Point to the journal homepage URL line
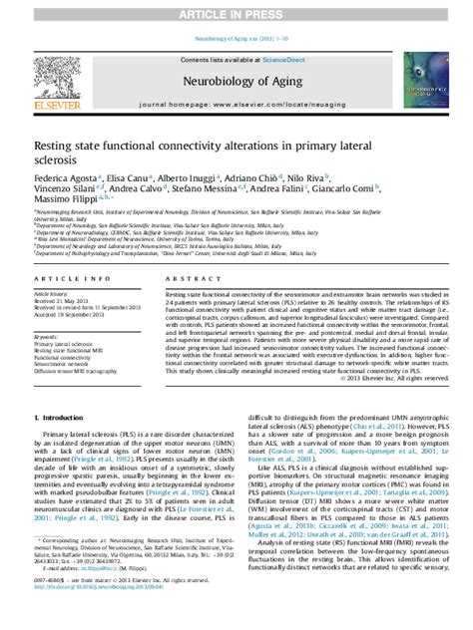(x=236, y=104)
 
